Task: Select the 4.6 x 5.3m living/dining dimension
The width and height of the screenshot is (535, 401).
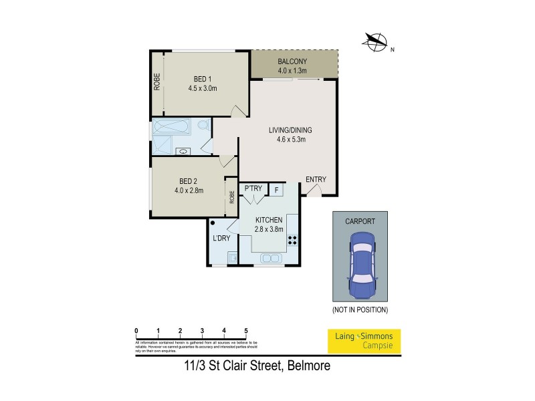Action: [x=290, y=140]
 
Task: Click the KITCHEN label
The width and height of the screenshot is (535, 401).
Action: [x=268, y=220]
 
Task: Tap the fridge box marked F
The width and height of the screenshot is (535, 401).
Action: [x=276, y=190]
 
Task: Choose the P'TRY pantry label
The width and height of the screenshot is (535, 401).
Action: [x=253, y=189]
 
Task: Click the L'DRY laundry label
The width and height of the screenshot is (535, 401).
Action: [x=221, y=239]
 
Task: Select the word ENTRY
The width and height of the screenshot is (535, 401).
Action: [x=316, y=179]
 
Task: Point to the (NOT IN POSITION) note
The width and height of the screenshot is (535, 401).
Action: [x=360, y=310]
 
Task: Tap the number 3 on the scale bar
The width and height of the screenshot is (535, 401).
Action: [x=202, y=331]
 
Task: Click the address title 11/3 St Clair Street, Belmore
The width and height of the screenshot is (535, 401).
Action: [x=257, y=366]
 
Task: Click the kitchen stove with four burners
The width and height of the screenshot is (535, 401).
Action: [x=292, y=241]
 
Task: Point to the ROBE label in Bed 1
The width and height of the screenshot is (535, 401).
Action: [x=156, y=81]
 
